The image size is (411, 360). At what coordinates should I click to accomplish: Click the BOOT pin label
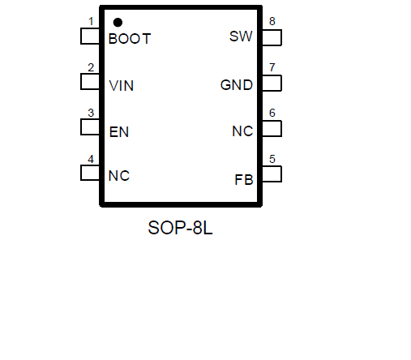click(x=130, y=39)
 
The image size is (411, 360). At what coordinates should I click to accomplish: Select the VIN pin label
click(x=122, y=86)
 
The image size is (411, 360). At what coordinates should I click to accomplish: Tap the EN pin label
click(x=119, y=132)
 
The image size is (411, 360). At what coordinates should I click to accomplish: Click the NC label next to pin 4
click(x=119, y=176)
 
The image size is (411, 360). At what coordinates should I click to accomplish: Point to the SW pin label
click(x=241, y=36)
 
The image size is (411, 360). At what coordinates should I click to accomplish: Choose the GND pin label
click(x=237, y=85)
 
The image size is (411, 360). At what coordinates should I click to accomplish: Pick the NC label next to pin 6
click(x=242, y=131)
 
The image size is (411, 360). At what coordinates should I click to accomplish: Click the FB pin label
click(x=244, y=180)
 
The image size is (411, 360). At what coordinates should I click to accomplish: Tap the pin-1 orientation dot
click(x=118, y=23)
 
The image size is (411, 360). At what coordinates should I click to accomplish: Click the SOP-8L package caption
click(x=180, y=228)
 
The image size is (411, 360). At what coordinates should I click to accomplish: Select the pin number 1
click(x=91, y=21)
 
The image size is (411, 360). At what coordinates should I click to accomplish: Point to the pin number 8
click(x=272, y=21)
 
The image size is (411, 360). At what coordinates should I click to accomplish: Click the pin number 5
click(x=272, y=159)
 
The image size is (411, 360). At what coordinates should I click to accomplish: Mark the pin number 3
click(x=91, y=113)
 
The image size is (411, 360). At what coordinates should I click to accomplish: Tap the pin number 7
click(x=272, y=67)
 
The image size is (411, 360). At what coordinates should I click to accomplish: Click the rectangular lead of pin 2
click(x=90, y=82)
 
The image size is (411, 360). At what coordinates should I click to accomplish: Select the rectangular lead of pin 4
click(x=90, y=173)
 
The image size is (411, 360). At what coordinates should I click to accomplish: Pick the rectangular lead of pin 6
click(x=272, y=128)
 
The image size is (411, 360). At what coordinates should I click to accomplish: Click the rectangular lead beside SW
click(x=272, y=37)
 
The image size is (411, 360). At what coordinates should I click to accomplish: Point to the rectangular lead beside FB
click(x=272, y=174)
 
